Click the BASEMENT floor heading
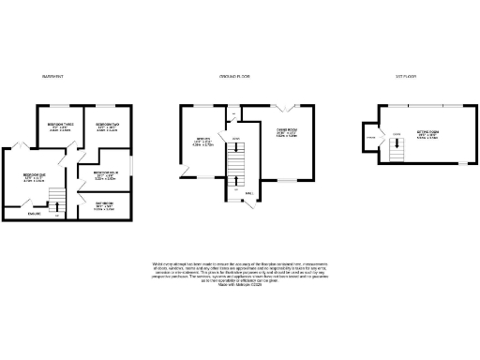tap(52, 76)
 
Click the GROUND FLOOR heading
tap(232, 76)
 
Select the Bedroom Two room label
tap(108, 127)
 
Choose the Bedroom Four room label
tap(105, 174)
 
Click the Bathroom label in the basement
tap(105, 206)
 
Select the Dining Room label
tap(286, 133)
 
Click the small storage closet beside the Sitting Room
tap(371, 139)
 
